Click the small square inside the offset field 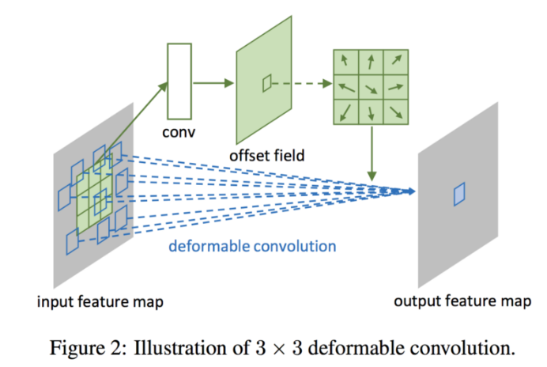pos(267,80)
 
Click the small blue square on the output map pos(460,194)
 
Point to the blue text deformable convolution pos(252,246)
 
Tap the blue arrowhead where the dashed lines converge pos(410,191)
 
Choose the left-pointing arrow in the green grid pos(345,85)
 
